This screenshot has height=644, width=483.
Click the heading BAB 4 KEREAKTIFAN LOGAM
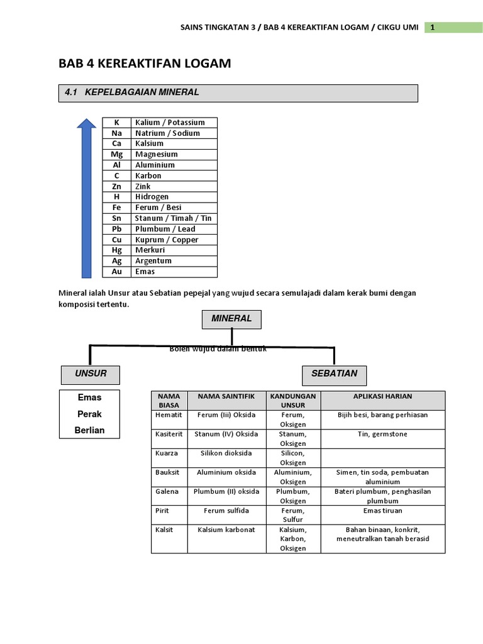[x=145, y=64]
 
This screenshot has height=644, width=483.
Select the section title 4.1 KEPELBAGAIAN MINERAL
[x=132, y=92]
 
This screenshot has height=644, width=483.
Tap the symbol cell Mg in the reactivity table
[x=116, y=154]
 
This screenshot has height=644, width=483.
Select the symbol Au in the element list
[x=116, y=272]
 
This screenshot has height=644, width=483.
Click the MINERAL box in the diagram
[x=231, y=319]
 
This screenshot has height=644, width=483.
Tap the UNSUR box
[x=91, y=374]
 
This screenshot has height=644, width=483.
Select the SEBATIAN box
[x=334, y=374]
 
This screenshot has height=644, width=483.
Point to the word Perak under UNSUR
[x=89, y=414]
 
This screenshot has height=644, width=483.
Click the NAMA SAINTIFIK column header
[x=226, y=396]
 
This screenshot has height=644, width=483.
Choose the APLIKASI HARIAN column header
[x=382, y=396]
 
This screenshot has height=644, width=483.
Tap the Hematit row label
[x=169, y=415]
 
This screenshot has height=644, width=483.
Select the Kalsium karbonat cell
[x=226, y=530]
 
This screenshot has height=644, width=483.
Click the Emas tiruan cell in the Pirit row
[x=382, y=511]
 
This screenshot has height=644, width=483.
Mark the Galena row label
[x=167, y=492]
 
